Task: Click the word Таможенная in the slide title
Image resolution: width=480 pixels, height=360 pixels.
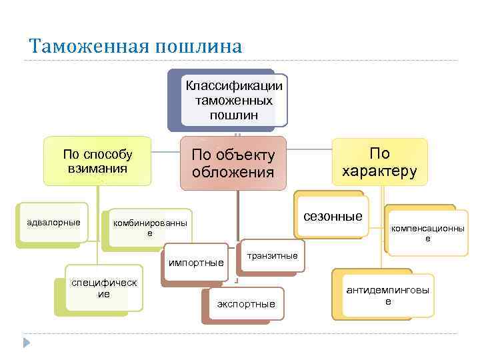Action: (x=89, y=47)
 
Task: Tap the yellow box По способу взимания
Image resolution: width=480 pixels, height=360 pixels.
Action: (x=98, y=161)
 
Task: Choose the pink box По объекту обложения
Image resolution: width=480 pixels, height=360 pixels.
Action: (x=233, y=163)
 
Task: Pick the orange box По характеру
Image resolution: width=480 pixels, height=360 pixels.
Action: (x=380, y=161)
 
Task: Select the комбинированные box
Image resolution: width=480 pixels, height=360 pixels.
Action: (x=149, y=227)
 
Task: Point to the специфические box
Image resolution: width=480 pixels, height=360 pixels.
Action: (x=104, y=288)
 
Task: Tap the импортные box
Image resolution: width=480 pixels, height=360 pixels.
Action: (x=195, y=262)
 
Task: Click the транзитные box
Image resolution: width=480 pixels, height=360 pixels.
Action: (x=272, y=255)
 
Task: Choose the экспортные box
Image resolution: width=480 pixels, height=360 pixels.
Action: (x=246, y=303)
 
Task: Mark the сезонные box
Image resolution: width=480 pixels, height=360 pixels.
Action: (x=333, y=215)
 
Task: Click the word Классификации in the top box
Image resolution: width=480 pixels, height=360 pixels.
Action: (x=234, y=86)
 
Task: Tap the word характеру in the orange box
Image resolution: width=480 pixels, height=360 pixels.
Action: (x=380, y=171)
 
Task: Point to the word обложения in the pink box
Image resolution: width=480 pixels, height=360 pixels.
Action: (x=233, y=173)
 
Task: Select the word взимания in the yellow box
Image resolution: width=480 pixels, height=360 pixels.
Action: (x=98, y=168)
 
